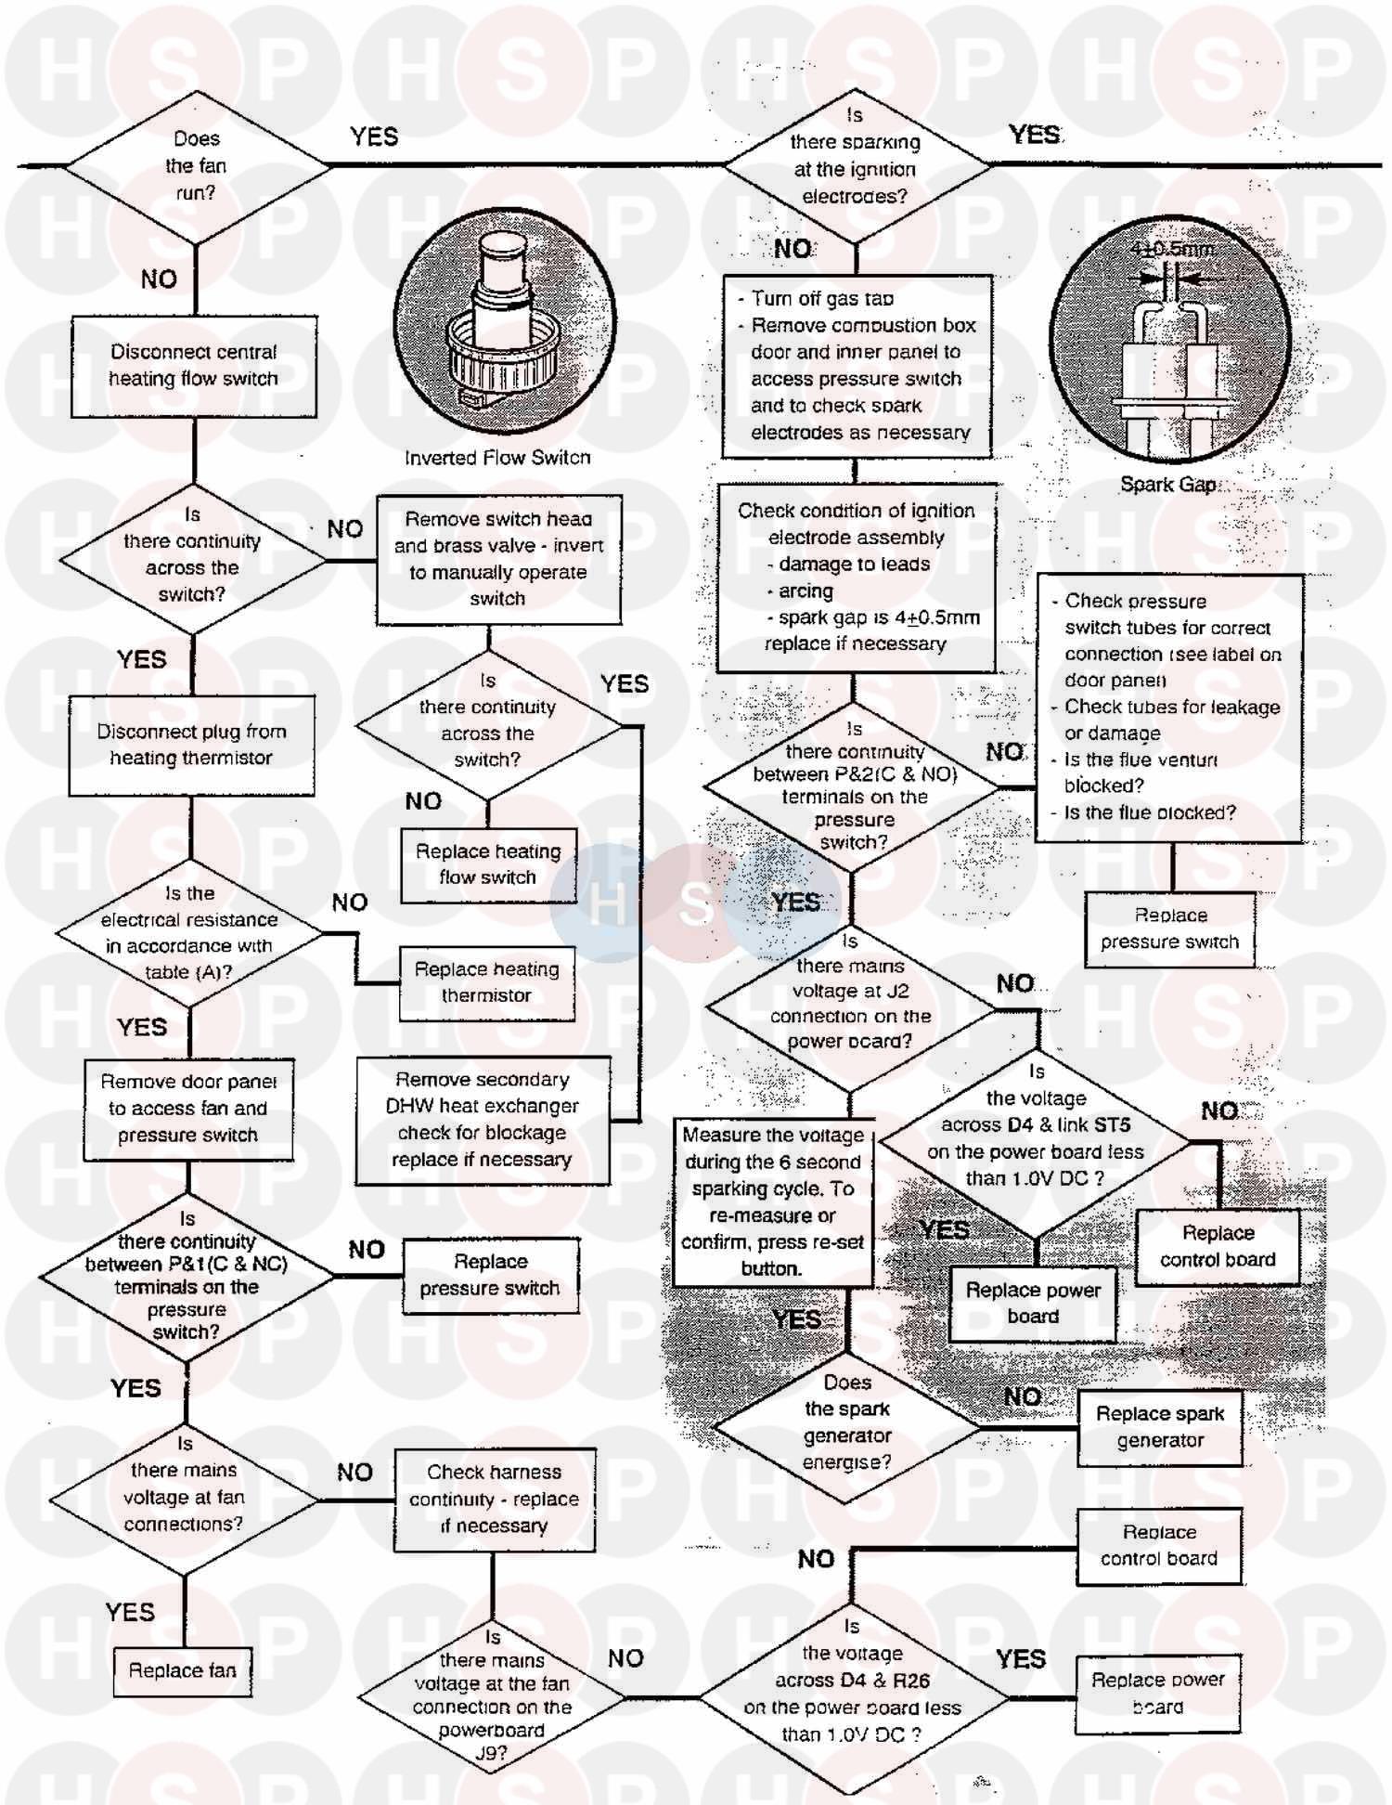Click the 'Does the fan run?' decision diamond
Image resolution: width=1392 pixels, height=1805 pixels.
pyautogui.click(x=196, y=166)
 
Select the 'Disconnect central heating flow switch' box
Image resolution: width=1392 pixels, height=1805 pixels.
pyautogui.click(x=194, y=366)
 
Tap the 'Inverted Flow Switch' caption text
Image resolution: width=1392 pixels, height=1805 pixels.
pyautogui.click(x=497, y=458)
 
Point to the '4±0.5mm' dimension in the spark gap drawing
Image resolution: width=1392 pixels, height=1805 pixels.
pyautogui.click(x=1172, y=250)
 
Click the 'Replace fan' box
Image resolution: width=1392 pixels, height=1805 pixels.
pyautogui.click(x=183, y=1670)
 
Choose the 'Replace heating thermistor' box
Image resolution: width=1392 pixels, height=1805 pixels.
pyautogui.click(x=487, y=982)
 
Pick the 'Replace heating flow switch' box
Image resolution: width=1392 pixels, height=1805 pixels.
pyautogui.click(x=488, y=864)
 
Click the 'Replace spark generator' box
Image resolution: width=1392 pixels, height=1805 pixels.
pyautogui.click(x=1160, y=1427)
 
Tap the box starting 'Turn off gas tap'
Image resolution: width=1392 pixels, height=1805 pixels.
pyautogui.click(x=857, y=366)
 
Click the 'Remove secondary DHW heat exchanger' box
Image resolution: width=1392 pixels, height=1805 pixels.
pyautogui.click(x=483, y=1120)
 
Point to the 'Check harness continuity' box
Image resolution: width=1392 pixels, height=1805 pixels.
pyautogui.click(x=495, y=1499)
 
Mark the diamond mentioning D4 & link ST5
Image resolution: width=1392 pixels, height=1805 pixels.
pyautogui.click(x=1036, y=1138)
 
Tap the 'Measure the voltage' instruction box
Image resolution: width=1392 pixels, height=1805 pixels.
pyautogui.click(x=772, y=1201)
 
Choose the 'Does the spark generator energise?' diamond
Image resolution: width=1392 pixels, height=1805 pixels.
pyautogui.click(x=847, y=1422)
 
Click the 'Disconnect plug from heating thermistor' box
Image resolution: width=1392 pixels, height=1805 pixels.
pyautogui.click(x=191, y=745)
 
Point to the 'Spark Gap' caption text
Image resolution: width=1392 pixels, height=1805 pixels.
pyautogui.click(x=1167, y=485)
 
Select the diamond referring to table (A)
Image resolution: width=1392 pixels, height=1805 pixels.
pyautogui.click(x=189, y=933)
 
